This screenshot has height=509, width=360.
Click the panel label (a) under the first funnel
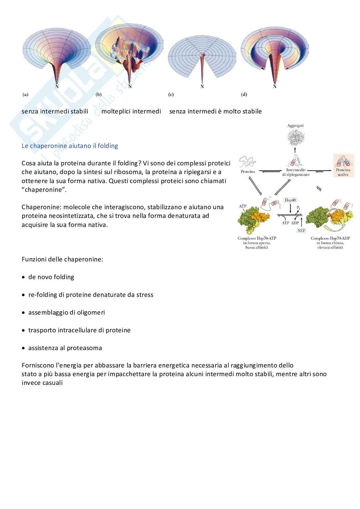tap(25, 94)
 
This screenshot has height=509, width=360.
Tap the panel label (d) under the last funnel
tap(244, 94)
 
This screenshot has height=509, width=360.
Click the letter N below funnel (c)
tap(202, 86)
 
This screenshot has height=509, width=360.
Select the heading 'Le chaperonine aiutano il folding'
tap(70, 146)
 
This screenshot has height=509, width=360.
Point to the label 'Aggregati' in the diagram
tap(295, 126)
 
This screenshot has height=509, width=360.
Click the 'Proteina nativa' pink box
tap(344, 165)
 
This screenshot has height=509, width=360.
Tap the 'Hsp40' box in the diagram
tap(290, 200)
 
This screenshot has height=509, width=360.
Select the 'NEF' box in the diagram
tap(301, 230)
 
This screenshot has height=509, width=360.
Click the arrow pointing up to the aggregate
tap(295, 150)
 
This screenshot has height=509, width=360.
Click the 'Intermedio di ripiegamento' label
tap(295, 172)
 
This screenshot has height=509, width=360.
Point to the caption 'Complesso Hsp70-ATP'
tap(257, 238)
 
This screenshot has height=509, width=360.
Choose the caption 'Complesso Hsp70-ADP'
tap(330, 238)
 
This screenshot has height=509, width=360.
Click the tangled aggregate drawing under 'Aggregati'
tap(295, 138)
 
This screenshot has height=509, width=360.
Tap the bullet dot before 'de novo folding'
tap(23, 277)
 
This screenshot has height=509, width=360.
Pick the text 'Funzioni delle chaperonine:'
tap(62, 259)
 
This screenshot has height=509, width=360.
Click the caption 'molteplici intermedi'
tap(131, 111)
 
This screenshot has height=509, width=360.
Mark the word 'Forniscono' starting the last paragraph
tap(38, 365)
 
